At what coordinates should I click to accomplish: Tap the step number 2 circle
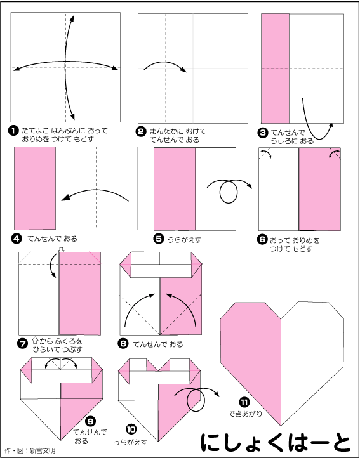click(142, 132)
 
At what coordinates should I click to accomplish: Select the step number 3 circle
click(263, 133)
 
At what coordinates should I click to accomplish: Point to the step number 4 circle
click(17, 239)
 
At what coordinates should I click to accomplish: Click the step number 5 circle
click(158, 240)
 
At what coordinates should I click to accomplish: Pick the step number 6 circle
click(262, 240)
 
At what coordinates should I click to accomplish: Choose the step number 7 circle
click(23, 344)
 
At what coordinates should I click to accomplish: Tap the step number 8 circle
click(123, 344)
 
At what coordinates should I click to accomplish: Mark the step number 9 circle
click(91, 421)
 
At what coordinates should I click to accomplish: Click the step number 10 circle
click(131, 429)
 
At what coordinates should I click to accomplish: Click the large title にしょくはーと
click(276, 441)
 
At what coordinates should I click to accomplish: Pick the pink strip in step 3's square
click(275, 69)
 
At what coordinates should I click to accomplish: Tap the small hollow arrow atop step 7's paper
click(61, 250)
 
